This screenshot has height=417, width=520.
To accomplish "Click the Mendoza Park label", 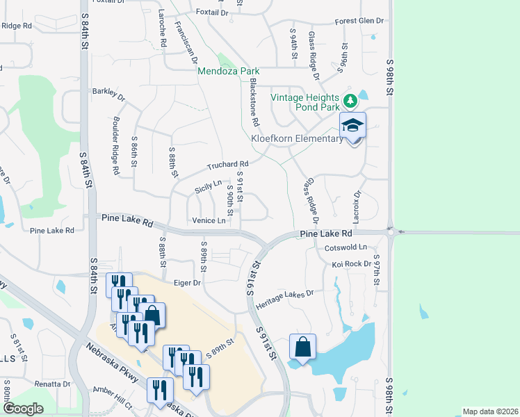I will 229,71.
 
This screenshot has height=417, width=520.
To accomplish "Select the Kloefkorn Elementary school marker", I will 352,126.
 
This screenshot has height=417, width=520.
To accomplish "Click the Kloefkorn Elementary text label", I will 297,138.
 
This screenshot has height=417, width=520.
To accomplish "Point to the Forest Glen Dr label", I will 359,21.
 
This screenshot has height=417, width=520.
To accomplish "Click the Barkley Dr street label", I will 108,95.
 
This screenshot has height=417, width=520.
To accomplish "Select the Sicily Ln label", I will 208,186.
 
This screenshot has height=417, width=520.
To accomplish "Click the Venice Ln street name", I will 209,221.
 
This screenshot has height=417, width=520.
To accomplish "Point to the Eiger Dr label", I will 186,283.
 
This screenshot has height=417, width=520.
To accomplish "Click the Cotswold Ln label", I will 346,247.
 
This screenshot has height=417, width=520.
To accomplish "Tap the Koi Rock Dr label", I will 351,264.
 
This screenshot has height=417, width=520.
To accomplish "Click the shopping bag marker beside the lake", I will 303,347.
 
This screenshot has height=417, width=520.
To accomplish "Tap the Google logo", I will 22,409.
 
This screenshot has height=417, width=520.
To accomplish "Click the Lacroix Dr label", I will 357,203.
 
